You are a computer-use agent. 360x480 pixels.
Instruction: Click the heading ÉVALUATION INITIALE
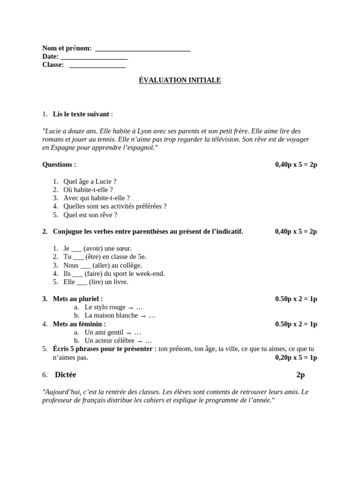click(180, 80)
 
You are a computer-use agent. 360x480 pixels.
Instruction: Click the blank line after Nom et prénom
click(142, 48)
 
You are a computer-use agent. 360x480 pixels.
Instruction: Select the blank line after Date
click(94, 57)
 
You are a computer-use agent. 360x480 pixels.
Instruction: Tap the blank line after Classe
click(97, 65)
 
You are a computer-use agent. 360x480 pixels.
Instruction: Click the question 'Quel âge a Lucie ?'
click(90, 181)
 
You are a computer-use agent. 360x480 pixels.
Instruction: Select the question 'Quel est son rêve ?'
click(90, 215)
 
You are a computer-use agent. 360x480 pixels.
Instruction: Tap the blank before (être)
click(79, 257)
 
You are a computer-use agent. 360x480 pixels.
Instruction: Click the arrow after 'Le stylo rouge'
click(131, 307)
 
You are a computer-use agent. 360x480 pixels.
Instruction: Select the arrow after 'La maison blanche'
click(143, 316)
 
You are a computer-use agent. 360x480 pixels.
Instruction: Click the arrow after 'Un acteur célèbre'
click(140, 341)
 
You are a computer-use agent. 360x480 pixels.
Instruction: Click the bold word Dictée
click(65, 375)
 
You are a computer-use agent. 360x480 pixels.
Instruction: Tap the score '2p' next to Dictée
click(300, 375)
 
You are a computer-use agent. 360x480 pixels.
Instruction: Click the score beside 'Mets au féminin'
click(296, 324)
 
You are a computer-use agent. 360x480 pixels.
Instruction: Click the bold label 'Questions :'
click(59, 165)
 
